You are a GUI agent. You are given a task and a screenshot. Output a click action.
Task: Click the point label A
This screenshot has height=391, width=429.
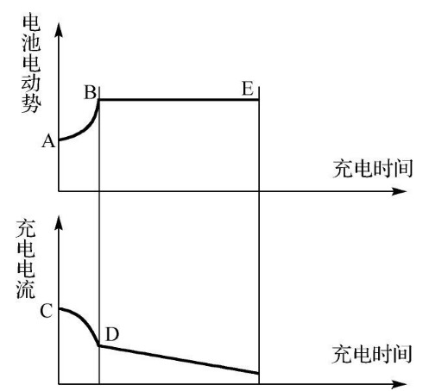[48, 141]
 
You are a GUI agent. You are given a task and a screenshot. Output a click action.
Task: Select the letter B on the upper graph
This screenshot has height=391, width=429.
[90, 92]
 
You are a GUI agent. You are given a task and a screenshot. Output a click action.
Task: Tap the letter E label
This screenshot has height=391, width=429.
[248, 89]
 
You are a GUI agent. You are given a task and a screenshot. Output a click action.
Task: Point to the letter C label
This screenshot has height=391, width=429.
[46, 311]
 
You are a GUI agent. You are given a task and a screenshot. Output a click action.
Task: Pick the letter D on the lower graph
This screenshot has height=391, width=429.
[112, 334]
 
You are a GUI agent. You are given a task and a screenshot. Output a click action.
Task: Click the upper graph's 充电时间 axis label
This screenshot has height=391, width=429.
[373, 169]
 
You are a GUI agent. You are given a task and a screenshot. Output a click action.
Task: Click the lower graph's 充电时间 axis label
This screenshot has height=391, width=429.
[372, 354]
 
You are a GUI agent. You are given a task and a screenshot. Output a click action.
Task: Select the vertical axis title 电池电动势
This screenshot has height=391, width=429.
[31, 64]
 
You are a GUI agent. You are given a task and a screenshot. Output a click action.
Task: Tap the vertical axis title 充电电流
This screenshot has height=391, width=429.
[26, 259]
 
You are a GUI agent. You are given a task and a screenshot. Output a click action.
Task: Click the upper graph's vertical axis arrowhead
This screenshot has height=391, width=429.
[59, 30]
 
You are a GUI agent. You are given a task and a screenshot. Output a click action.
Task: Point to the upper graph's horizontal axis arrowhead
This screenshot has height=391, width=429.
[399, 191]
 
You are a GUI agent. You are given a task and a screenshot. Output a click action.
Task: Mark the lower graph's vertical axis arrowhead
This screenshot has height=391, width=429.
[59, 222]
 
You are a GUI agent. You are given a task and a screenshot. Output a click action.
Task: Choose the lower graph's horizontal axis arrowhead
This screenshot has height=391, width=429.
[399, 384]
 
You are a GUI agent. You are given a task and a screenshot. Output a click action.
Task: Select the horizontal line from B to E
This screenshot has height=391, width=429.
[179, 100]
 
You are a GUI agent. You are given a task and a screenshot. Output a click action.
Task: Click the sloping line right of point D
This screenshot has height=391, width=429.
[179, 359]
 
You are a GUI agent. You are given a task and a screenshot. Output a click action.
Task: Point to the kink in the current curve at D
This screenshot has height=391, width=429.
[99, 345]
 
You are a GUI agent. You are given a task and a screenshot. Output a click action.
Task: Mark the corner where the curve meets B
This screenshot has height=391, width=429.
[99, 100]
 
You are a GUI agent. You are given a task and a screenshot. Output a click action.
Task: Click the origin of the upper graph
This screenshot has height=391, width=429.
[59, 191]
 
